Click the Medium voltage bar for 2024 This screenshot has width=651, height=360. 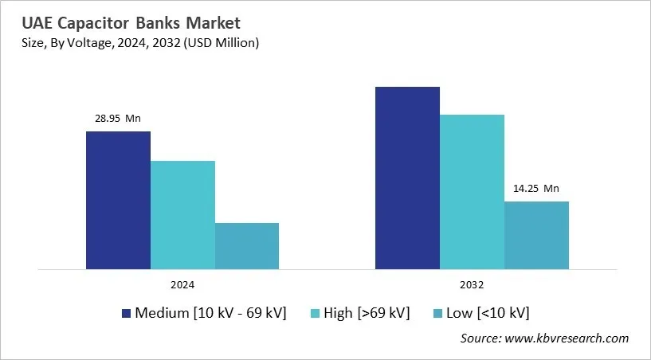click(118, 200)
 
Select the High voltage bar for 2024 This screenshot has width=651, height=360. click(182, 215)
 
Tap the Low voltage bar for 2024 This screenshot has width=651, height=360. click(247, 246)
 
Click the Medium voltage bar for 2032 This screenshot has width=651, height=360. click(407, 178)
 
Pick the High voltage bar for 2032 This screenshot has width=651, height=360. click(472, 192)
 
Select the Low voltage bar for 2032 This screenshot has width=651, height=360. click(536, 235)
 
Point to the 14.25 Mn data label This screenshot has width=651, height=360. click(536, 189)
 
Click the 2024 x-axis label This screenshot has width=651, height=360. click(182, 284)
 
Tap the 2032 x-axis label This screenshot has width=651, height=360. click(472, 284)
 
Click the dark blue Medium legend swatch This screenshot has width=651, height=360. click(126, 313)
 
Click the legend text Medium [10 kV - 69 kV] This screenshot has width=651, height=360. click(210, 312)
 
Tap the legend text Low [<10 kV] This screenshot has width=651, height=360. click(487, 312)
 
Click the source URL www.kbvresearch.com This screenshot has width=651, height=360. click(567, 338)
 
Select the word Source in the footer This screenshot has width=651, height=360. click(480, 338)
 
